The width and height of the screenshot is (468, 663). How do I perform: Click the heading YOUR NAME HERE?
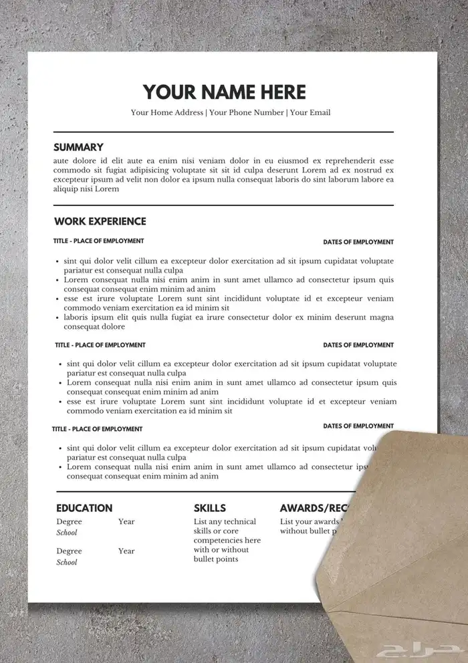[224, 92]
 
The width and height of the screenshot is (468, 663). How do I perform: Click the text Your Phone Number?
[247, 112]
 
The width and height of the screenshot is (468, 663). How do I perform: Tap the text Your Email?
[310, 112]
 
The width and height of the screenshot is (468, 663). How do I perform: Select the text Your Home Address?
[167, 112]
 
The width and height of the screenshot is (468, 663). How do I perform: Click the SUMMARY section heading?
[78, 147]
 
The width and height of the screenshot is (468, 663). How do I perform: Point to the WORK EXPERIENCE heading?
[100, 221]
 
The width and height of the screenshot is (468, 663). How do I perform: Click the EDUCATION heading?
[84, 508]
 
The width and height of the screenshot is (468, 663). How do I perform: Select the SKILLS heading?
[210, 508]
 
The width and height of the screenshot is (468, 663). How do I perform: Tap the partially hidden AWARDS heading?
[310, 508]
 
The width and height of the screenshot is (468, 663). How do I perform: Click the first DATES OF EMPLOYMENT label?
[358, 242]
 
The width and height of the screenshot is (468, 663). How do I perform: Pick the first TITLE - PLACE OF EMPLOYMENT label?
[98, 241]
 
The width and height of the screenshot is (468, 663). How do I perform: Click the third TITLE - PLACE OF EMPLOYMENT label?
[98, 428]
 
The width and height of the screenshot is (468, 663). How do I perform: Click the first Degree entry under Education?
[69, 521]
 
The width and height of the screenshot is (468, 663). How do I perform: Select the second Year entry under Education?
[126, 551]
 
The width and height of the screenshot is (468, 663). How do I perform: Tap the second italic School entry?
[67, 562]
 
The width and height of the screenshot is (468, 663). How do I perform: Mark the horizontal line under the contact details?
[223, 132]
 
